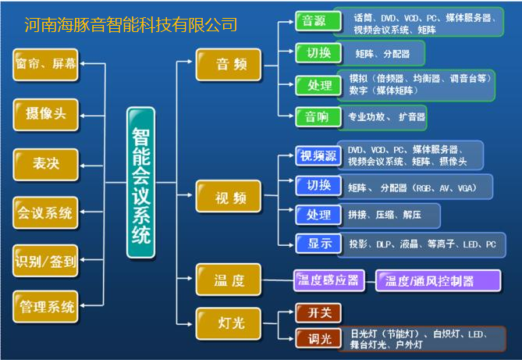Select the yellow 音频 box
click(x=228, y=64)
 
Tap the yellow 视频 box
click(x=228, y=197)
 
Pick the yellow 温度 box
click(x=228, y=279)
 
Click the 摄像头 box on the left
click(x=46, y=114)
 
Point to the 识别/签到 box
click(x=46, y=261)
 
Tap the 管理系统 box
click(x=46, y=305)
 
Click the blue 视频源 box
click(x=318, y=155)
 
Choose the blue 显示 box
click(x=318, y=243)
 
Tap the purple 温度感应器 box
click(x=328, y=279)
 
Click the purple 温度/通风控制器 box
click(x=430, y=280)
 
